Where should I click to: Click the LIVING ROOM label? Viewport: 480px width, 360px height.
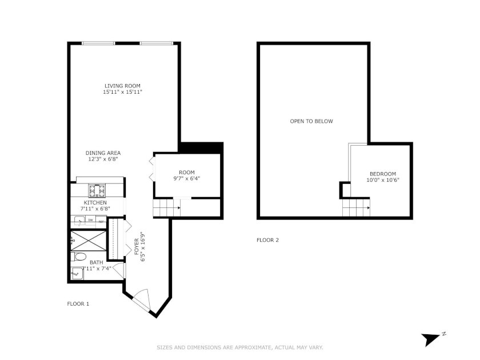[122, 86]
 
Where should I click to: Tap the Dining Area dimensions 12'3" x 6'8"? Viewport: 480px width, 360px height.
[103, 159]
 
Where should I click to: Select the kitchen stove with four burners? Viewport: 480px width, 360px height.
[97, 191]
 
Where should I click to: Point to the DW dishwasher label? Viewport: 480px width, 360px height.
[91, 220]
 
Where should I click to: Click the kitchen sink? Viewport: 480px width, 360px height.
[79, 221]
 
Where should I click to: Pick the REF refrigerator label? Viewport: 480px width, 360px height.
[101, 221]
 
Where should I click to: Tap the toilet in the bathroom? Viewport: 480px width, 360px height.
[79, 257]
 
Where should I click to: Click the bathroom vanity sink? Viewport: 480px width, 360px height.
[77, 273]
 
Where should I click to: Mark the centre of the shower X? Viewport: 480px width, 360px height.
[89, 241]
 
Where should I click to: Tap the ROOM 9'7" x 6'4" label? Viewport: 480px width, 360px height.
[187, 175]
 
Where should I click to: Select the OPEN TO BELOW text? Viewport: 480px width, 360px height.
[311, 121]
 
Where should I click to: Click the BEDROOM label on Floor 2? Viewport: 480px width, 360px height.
[383, 174]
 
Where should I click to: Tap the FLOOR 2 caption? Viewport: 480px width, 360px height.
[267, 240]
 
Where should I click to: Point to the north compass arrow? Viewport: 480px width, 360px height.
[430, 339]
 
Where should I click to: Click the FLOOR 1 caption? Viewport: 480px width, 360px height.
[78, 304]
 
